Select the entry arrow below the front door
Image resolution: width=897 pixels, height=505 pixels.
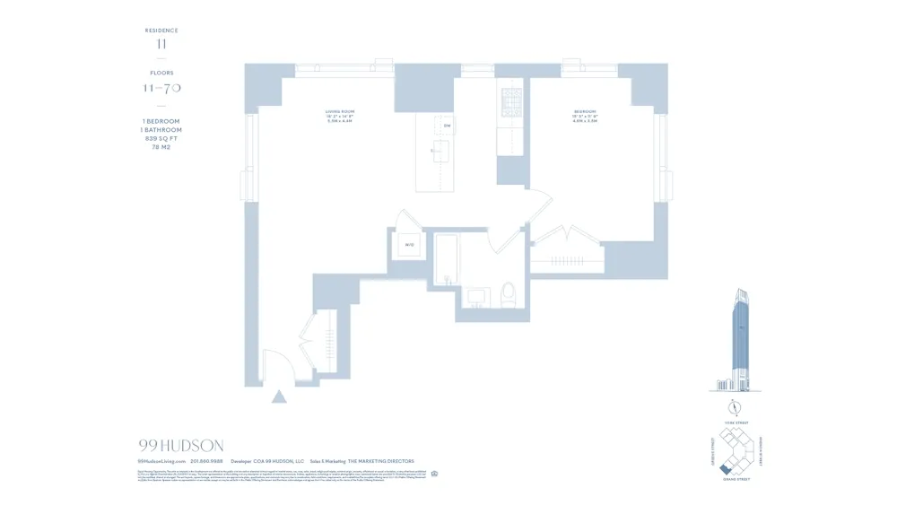[x=279, y=396]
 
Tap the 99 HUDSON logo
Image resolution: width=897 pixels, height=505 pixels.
[x=181, y=445]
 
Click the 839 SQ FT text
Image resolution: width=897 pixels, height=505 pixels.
[x=161, y=138]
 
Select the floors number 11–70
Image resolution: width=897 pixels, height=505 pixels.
[x=161, y=88]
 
